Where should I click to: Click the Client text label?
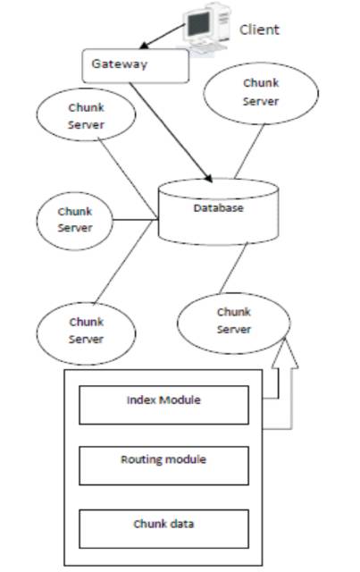point(259,29)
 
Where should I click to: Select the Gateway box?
point(135,65)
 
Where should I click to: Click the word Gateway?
point(120,64)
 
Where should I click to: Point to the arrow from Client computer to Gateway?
point(163,37)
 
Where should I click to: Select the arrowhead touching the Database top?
point(208,177)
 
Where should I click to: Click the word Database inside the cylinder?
point(219,208)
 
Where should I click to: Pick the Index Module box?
point(163,405)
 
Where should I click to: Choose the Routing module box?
point(163,466)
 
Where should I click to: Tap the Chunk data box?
point(163,529)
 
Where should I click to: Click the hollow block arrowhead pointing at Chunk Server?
point(285,353)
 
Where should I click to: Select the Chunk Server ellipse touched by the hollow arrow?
point(234,324)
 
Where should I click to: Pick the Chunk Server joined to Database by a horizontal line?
point(74,221)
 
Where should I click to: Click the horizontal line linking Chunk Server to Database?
point(135,220)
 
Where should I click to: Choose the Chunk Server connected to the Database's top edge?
point(261,93)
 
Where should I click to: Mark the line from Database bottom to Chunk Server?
point(233,268)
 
